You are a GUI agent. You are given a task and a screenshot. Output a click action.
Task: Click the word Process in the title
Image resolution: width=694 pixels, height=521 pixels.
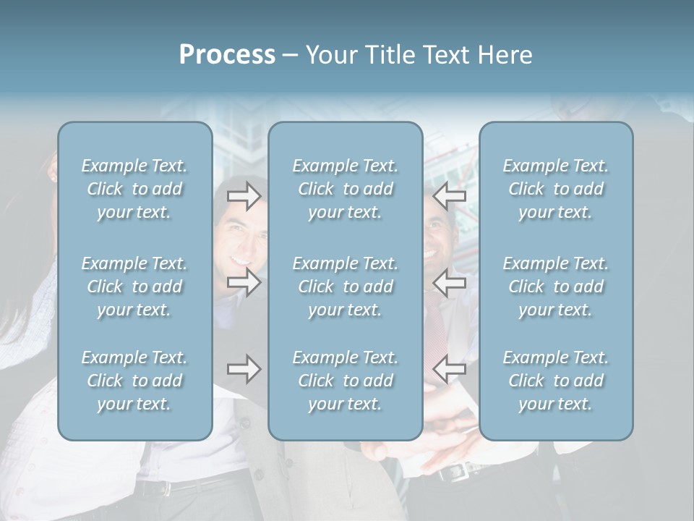tap(227, 55)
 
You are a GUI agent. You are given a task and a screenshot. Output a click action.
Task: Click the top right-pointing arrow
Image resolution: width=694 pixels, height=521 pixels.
tap(244, 195)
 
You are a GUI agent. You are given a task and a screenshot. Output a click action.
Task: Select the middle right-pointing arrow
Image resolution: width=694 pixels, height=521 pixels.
tap(244, 282)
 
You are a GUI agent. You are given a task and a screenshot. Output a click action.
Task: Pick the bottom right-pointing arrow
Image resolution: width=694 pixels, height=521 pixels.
tap(244, 370)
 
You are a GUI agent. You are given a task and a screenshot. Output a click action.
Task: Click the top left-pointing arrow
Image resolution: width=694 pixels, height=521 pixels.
tap(449, 195)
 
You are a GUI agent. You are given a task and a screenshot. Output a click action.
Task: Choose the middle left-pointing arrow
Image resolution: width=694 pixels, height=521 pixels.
tap(449, 282)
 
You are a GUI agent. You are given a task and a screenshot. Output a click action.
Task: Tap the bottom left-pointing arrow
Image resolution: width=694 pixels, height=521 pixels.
tap(449, 370)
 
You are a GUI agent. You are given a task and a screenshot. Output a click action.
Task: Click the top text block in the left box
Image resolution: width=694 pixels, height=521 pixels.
tap(134, 189)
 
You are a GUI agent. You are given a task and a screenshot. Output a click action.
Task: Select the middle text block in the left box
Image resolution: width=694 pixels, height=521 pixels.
tap(134, 287)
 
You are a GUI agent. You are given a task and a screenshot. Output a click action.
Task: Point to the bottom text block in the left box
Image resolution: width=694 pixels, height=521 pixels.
tap(134, 381)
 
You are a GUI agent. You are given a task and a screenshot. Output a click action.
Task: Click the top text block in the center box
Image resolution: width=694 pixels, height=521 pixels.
tap(346, 189)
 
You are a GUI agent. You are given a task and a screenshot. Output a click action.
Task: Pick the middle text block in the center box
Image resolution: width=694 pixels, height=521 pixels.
tap(346, 287)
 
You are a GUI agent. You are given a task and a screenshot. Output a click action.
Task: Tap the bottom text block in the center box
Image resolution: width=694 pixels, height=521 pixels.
tap(346, 381)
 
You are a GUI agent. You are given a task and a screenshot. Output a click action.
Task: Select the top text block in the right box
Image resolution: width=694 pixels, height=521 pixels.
tap(556, 189)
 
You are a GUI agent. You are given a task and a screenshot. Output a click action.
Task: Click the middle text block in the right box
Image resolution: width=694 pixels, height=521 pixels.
tap(556, 287)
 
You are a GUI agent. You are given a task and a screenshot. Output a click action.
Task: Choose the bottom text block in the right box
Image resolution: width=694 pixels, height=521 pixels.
tap(556, 381)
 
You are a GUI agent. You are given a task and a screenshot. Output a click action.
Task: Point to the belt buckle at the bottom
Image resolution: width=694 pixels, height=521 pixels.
tap(453, 473)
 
